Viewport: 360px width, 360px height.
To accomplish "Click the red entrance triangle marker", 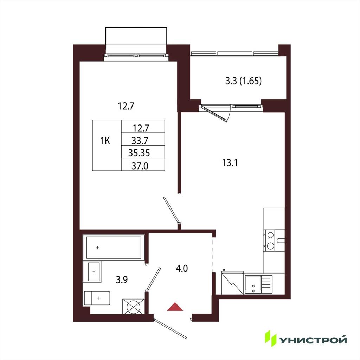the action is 175,307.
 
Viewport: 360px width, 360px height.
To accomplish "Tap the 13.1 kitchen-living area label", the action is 230,162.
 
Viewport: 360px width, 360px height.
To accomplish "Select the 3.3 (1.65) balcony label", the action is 243,81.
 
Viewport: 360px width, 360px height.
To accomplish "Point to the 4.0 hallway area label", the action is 182,268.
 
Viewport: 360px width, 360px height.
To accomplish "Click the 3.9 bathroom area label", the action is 122,279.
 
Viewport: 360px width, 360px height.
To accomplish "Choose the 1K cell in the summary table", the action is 105,141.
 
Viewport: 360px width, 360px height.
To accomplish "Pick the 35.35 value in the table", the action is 139,153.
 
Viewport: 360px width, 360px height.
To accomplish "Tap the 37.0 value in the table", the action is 140,166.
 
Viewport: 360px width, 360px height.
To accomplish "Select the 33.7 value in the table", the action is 140,140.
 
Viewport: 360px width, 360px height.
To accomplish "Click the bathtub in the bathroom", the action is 114,247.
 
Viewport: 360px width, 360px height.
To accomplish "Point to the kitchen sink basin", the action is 253,284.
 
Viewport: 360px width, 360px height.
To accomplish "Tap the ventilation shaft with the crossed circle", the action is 133,306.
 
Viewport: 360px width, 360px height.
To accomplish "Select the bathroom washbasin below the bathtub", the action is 92,272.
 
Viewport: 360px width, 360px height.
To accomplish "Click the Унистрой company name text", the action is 313,340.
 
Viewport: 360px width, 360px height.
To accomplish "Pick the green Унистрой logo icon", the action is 270,338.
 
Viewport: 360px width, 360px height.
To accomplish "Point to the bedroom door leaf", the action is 172,210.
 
